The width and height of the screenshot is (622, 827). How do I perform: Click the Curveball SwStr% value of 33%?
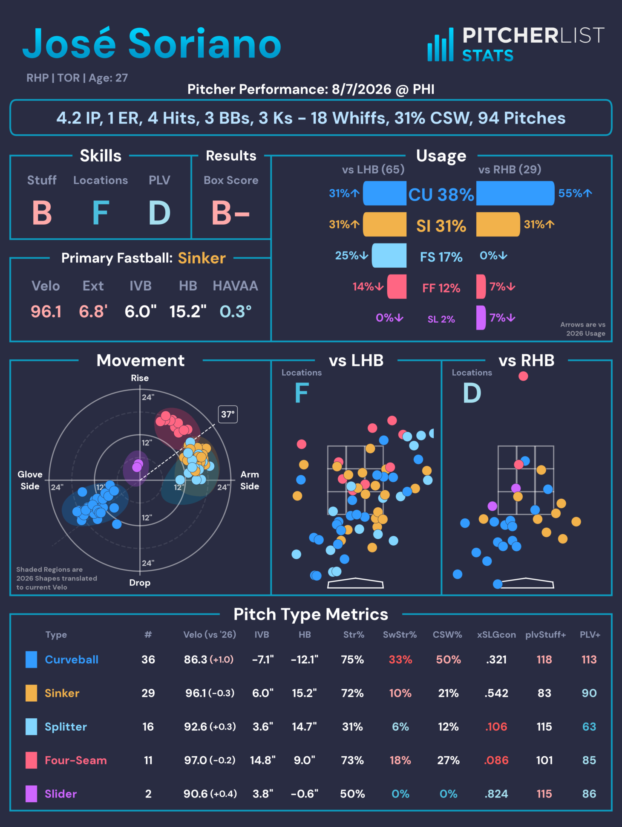point(400,659)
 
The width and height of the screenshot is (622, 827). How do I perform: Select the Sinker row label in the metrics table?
point(62,693)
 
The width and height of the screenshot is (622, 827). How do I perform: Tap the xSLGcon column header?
point(496,635)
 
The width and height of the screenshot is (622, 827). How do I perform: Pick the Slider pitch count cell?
point(148,794)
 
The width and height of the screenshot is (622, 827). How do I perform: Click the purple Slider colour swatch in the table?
point(31,794)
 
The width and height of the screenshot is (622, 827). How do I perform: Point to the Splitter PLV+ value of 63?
point(589,726)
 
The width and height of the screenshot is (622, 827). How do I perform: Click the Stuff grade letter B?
point(42,213)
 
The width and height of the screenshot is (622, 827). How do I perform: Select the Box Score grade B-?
point(230,213)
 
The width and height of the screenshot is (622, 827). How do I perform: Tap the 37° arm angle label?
point(228,414)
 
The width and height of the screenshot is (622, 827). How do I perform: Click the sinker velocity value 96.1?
point(46,312)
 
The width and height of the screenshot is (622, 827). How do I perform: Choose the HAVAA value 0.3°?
point(236,312)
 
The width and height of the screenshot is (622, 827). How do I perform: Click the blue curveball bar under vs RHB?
point(515,193)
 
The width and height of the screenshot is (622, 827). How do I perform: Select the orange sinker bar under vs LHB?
point(385,224)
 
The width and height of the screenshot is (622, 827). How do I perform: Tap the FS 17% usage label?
point(441,257)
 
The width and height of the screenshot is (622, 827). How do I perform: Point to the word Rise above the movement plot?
point(140,378)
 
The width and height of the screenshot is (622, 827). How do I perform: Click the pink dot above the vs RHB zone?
point(523,376)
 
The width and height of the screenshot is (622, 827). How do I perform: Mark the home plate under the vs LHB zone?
point(355,583)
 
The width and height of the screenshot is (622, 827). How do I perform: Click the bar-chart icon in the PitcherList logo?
point(441,44)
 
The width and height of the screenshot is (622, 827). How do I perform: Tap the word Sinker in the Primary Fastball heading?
point(202,258)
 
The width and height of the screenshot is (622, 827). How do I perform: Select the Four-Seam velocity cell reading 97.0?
point(196,760)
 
